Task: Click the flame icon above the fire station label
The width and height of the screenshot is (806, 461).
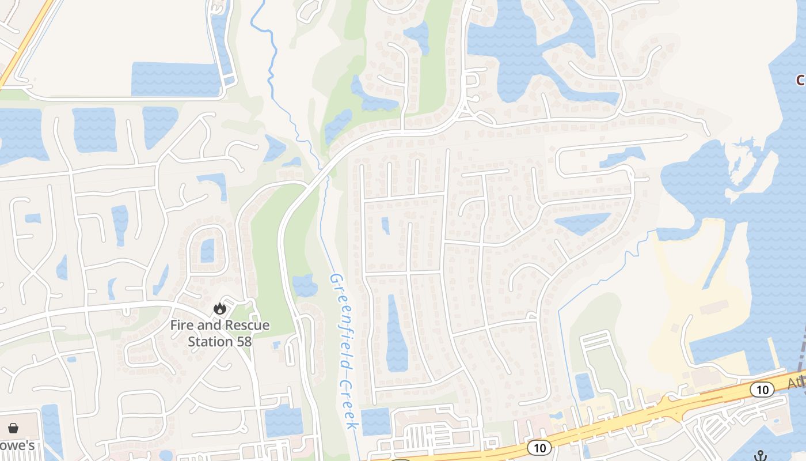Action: coord(219,309)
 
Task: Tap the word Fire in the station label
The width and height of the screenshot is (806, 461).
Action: coord(182,326)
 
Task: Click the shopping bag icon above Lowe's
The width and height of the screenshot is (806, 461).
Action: coord(13,428)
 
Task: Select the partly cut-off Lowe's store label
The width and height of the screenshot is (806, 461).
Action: coord(17,445)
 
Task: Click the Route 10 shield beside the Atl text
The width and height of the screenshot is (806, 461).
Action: coord(762,390)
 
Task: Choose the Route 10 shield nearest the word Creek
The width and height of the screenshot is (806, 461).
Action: coord(539,447)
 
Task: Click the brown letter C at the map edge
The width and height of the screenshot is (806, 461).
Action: coord(801,80)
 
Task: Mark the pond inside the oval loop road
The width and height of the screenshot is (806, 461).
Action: coord(207,251)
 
